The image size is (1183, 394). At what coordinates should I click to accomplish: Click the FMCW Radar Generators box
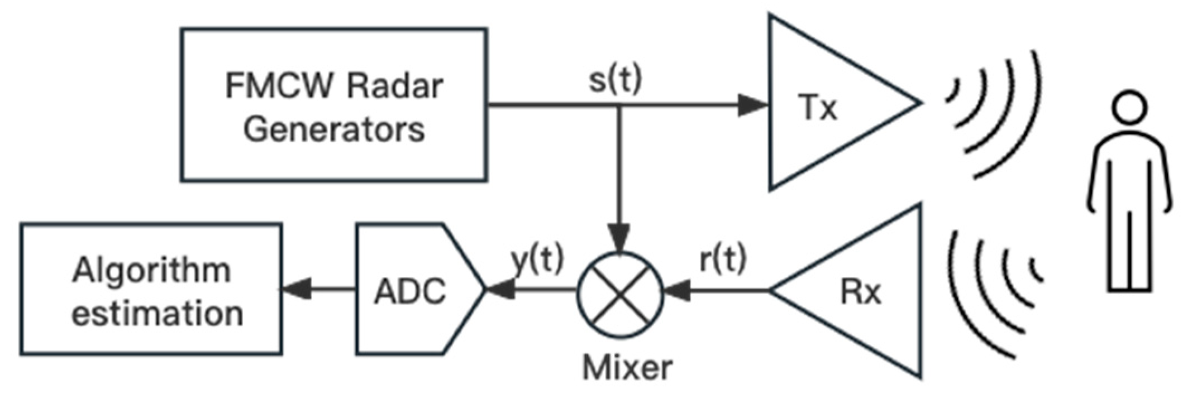[x=333, y=104]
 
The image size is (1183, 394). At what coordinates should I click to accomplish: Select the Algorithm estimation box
[x=151, y=289]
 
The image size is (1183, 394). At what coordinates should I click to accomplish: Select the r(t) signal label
[x=723, y=260]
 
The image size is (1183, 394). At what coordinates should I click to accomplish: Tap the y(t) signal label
[x=538, y=260]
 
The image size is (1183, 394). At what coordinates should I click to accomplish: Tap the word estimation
[x=158, y=313]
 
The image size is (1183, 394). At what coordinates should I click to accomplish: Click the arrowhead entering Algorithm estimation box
[x=296, y=289]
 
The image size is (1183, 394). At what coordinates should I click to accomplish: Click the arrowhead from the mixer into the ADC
[x=500, y=290]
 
